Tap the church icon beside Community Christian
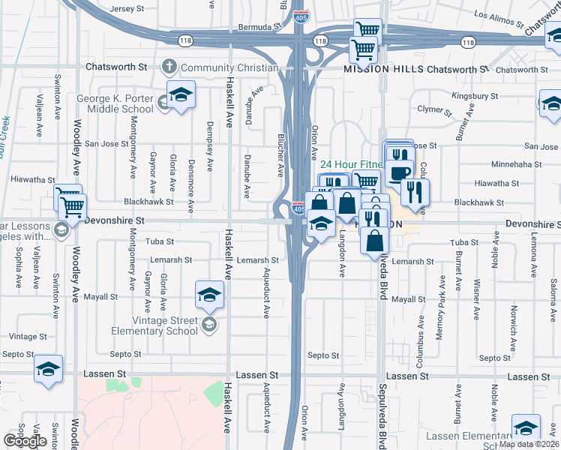tap(169, 67)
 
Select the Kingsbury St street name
tap(475, 96)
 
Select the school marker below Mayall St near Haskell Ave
tap(210, 295)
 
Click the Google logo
tap(25, 441)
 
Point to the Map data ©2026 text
tap(529, 444)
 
